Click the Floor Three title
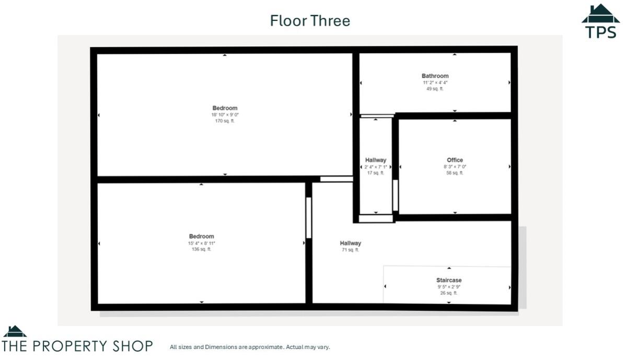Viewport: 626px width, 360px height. coord(310,21)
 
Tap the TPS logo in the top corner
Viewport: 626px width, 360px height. coord(600,21)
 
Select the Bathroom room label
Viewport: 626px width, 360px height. coord(435,76)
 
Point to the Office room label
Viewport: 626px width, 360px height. coord(455,160)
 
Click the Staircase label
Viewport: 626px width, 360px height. coord(449,280)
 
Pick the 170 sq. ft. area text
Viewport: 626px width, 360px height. coord(225,121)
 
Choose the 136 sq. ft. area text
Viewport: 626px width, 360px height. coord(201,250)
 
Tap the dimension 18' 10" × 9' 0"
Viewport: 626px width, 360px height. coord(225,115)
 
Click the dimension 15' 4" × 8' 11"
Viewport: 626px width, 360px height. coord(201,243)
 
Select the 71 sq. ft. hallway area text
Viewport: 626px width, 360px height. coord(350,250)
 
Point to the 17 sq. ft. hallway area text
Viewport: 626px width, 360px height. coord(375,173)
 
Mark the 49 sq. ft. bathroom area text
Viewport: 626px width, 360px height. coord(435,89)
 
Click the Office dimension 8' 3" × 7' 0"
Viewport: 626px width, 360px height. coord(455,167)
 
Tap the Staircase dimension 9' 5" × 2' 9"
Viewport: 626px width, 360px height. coord(449,287)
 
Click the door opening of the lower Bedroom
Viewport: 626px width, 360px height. coord(308,217)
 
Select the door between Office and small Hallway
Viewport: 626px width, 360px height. coord(395,195)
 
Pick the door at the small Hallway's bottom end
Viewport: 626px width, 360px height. coord(376,218)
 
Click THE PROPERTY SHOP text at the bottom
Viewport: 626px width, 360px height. coord(77,346)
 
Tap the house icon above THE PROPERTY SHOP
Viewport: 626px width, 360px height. coord(15,331)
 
